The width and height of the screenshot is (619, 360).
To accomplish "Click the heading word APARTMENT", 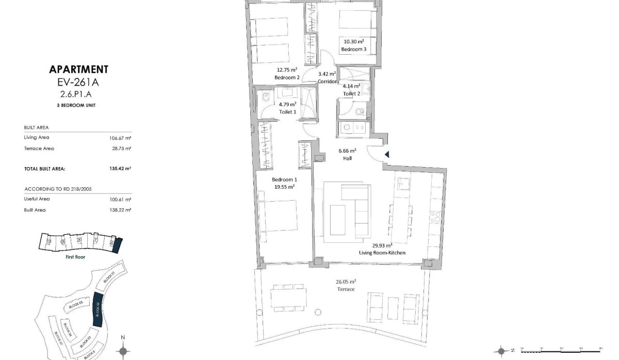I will [78, 70].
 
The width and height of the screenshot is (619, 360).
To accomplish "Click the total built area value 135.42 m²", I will [121, 168].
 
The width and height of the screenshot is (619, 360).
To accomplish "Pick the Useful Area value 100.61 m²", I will [121, 199].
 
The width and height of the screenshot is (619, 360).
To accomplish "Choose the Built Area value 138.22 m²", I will [121, 210].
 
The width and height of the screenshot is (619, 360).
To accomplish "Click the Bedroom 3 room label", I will [353, 50].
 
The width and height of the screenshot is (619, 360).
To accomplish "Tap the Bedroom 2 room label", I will [287, 77].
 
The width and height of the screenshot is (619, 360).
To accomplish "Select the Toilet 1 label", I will [287, 111].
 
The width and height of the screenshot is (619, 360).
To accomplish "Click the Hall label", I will [348, 159].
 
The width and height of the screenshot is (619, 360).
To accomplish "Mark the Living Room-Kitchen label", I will [382, 253].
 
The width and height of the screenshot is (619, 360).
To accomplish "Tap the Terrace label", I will [346, 289].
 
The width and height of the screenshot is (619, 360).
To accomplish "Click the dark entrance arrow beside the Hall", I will [386, 154].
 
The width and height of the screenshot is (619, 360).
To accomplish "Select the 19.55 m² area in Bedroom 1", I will [284, 187].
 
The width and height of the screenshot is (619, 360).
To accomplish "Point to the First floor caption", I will [76, 256].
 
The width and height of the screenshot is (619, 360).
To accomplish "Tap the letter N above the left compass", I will [123, 338].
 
